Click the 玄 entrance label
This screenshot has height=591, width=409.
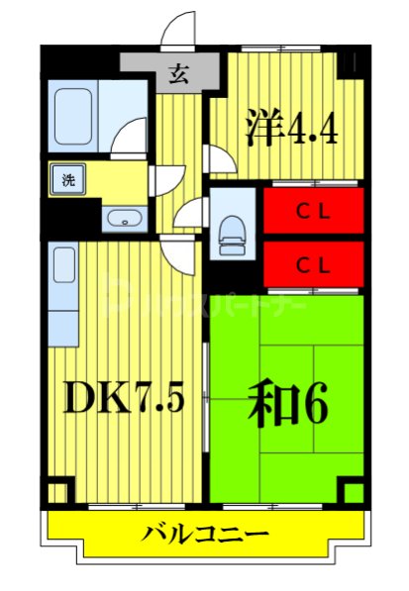[179, 73]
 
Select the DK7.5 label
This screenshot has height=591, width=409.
[125, 398]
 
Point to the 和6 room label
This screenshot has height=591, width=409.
[288, 401]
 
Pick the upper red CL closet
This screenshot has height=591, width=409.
[313, 210]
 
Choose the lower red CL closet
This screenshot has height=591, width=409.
[313, 264]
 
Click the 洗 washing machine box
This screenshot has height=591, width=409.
[68, 180]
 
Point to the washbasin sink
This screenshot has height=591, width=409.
[122, 219]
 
